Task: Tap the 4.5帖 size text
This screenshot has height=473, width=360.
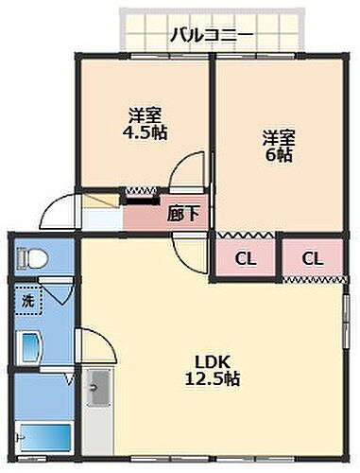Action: pos(147,132)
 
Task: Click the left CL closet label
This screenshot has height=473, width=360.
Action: pos(245,256)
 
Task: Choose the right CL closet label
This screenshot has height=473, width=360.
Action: pos(313,256)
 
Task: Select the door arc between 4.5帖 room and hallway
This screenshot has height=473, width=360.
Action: pos(187,169)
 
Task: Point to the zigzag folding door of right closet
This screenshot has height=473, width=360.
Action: pos(313,278)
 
